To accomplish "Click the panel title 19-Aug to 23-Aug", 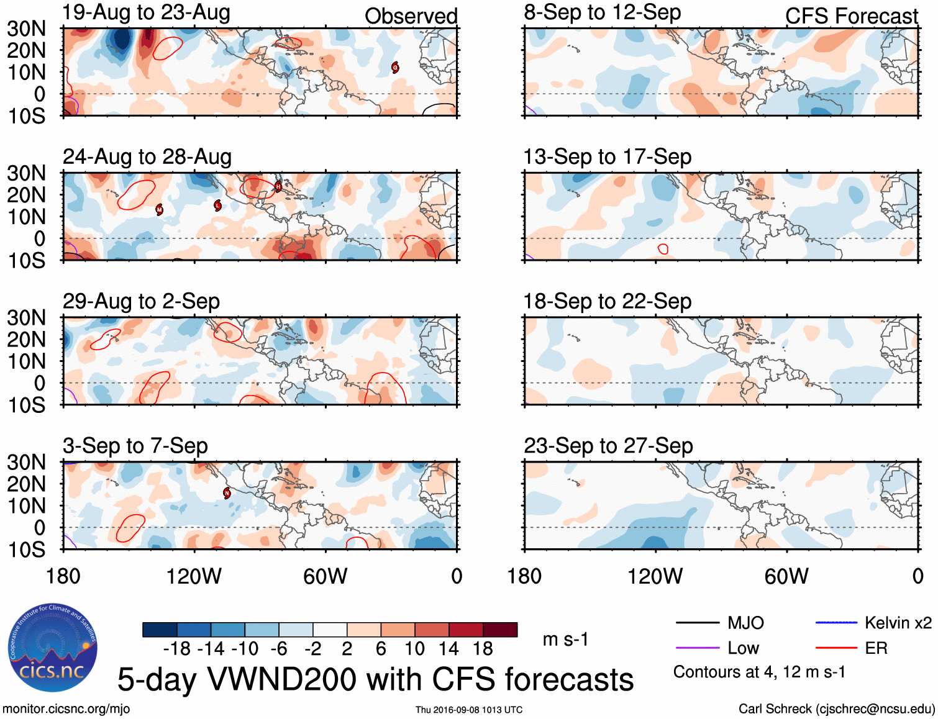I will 146,12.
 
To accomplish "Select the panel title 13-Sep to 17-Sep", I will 607,157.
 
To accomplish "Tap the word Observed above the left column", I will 411,16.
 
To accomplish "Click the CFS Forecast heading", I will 851,16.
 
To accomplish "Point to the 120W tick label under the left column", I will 194,576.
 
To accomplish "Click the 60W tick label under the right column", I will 786,576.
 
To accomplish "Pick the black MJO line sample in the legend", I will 697,623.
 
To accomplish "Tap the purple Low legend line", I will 697,648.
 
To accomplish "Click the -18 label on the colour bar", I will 177,649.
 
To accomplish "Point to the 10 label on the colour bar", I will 414,649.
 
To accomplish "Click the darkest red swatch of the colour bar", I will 500,630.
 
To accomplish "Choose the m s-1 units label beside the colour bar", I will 565,639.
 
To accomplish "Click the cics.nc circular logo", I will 53,648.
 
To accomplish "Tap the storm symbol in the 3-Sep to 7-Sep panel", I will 227,494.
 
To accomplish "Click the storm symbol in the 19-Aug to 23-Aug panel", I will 395,68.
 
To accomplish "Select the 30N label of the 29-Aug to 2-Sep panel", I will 26,318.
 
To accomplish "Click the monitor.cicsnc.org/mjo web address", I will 66,709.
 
